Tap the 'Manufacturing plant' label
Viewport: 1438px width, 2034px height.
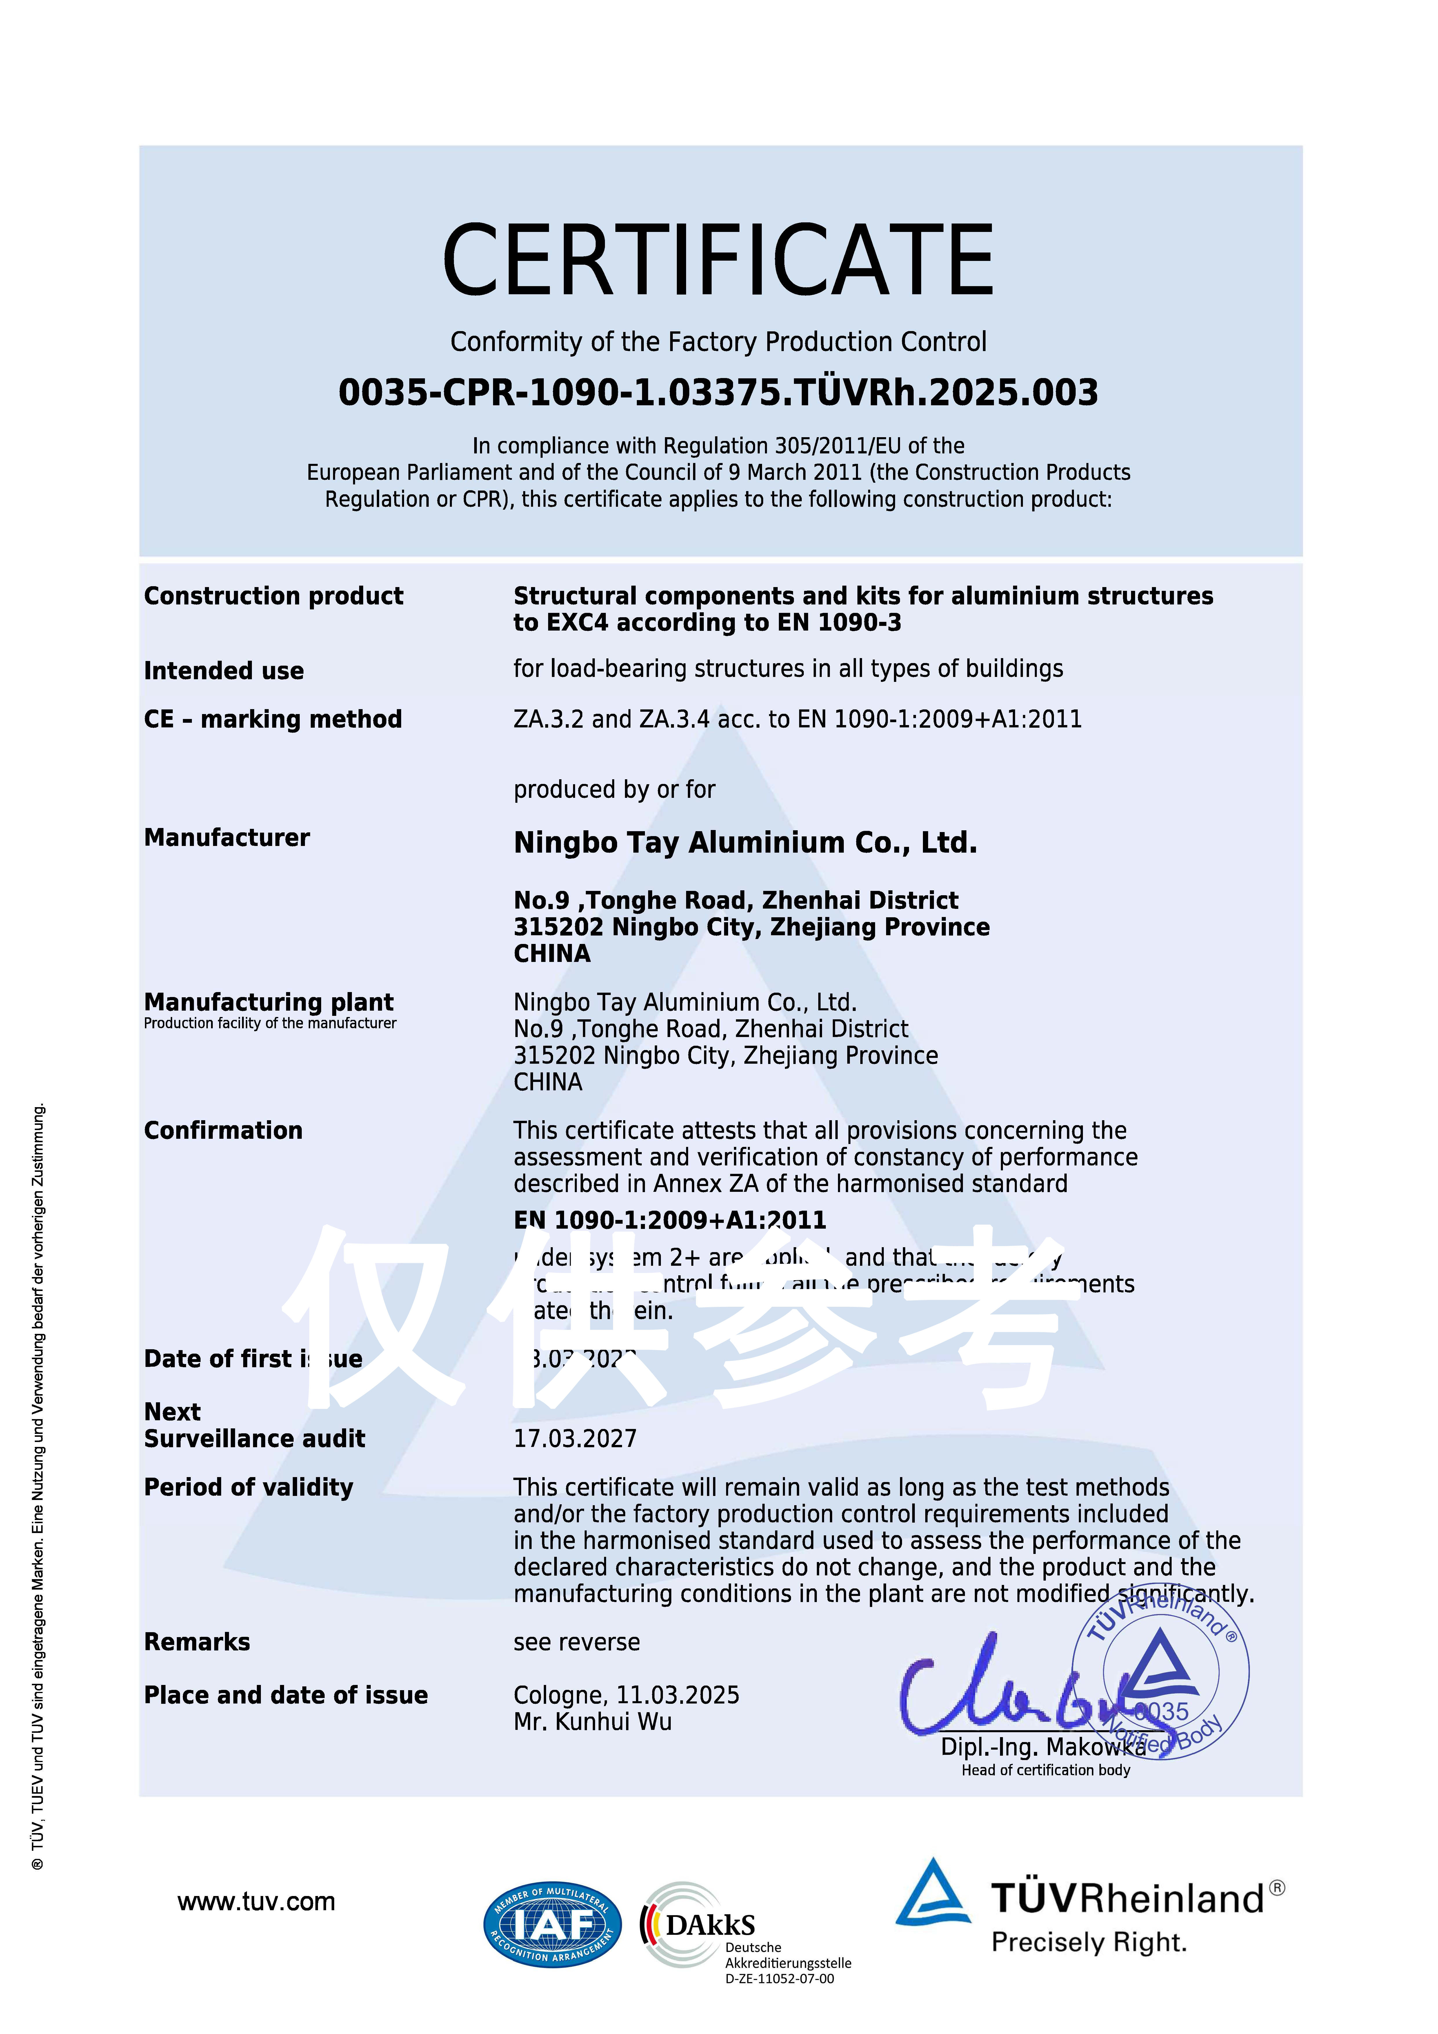pyautogui.click(x=268, y=1002)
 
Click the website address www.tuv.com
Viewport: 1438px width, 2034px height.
pyautogui.click(x=256, y=1902)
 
